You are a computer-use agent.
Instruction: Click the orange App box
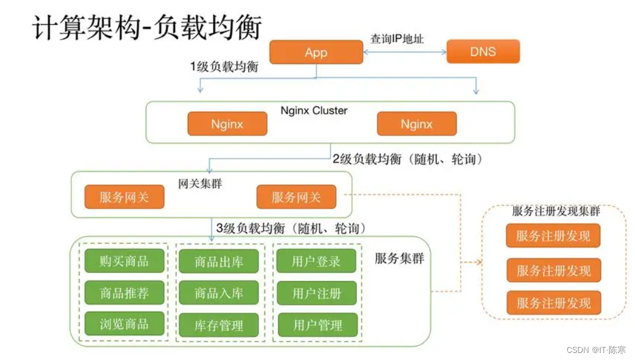[x=316, y=52]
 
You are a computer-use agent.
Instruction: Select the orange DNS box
[x=483, y=52]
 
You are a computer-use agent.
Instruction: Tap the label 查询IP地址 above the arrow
[x=396, y=39]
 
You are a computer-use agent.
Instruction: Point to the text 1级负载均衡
[x=224, y=67]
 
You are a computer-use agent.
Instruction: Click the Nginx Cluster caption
[x=313, y=110]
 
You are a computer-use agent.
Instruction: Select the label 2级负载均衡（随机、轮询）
[x=407, y=158]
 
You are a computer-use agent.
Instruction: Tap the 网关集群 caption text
[x=200, y=184]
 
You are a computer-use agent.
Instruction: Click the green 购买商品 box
[x=124, y=260]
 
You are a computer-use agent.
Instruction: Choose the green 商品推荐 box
[x=124, y=292]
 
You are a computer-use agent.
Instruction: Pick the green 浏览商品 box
[x=124, y=323]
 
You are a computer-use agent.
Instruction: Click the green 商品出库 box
[x=219, y=261]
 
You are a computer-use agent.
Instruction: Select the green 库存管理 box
[x=219, y=325]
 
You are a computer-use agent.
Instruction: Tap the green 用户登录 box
[x=316, y=261]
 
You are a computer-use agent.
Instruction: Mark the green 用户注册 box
[x=317, y=293]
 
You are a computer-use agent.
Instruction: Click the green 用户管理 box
[x=317, y=325]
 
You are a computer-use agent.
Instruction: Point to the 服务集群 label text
[x=399, y=259]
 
